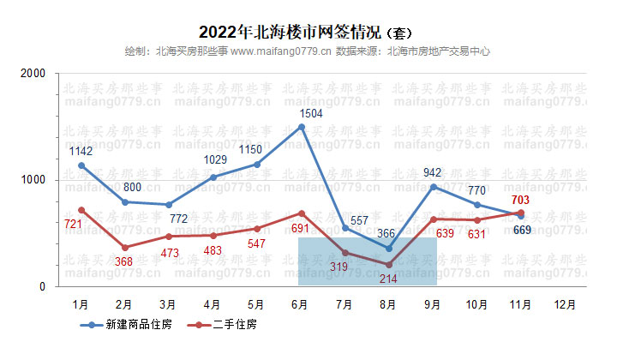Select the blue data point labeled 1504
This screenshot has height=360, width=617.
[302, 127]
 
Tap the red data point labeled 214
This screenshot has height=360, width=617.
[390, 264]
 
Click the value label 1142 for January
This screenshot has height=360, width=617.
[81, 151]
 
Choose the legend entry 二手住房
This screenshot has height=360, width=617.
[225, 325]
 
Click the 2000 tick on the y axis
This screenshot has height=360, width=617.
[33, 75]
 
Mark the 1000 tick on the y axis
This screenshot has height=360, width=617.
[33, 181]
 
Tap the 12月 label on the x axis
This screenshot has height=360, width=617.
[564, 303]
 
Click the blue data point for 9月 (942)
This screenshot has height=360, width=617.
[434, 187]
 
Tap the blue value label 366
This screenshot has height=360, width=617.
[388, 233]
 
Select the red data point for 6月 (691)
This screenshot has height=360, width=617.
[302, 213]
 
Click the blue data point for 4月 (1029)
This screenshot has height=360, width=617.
[213, 177]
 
